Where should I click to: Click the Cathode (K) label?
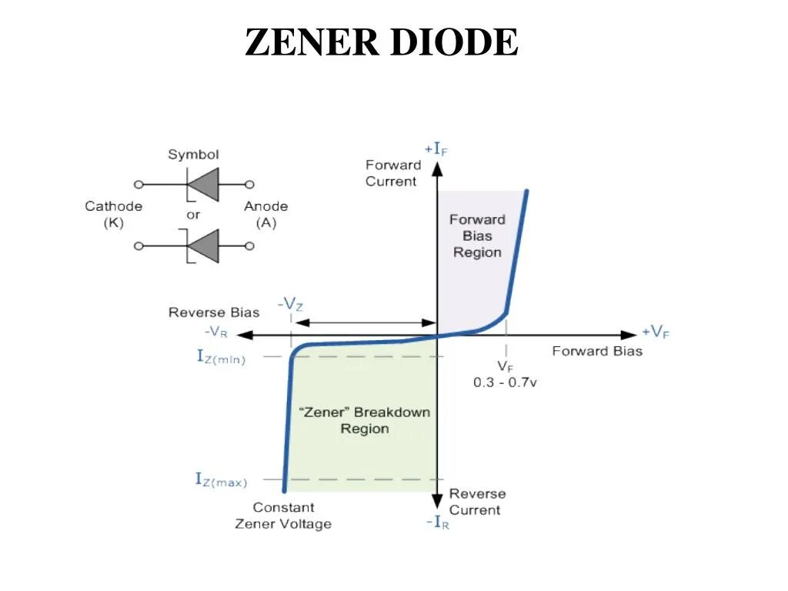[113, 214]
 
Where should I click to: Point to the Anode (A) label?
[265, 214]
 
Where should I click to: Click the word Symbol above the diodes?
[193, 155]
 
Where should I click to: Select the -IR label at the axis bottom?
[437, 523]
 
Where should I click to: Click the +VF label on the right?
[656, 332]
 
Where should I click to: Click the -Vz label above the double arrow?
[290, 304]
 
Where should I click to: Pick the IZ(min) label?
[221, 357]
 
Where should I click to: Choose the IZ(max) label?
[221, 481]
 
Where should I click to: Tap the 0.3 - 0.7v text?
[505, 382]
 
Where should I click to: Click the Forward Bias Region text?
[477, 235]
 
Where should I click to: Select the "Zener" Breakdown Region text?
[364, 420]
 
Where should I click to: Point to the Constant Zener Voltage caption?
[283, 516]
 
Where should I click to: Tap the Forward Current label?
[392, 173]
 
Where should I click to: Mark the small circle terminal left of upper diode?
[139, 185]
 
